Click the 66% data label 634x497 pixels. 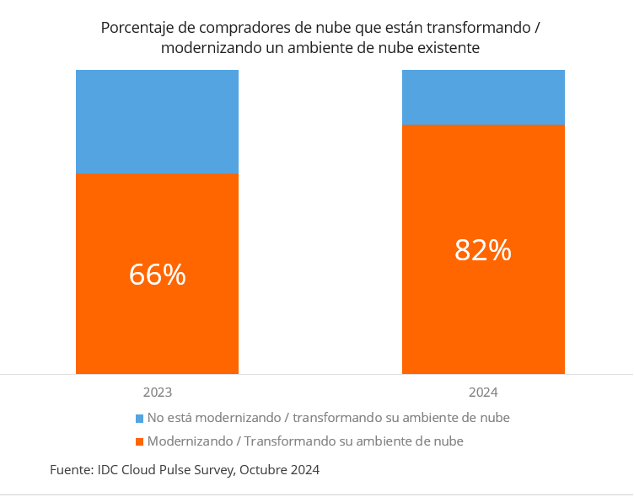click(x=157, y=275)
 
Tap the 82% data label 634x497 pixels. click(x=482, y=250)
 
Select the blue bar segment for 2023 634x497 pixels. click(x=157, y=121)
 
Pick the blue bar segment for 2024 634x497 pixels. click(x=482, y=97)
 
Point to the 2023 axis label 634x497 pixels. click(x=157, y=393)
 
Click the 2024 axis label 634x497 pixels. click(x=482, y=393)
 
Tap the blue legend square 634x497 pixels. click(x=139, y=418)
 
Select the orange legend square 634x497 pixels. click(x=139, y=441)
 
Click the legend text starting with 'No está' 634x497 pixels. click(x=328, y=418)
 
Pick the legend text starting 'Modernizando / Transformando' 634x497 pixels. click(x=305, y=441)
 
